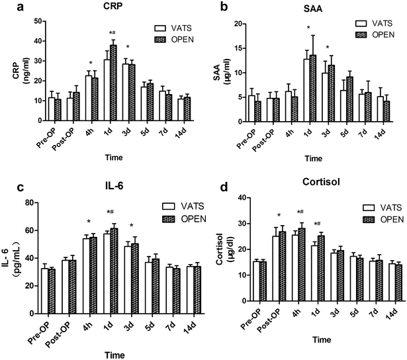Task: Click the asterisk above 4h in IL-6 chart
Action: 89,222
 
